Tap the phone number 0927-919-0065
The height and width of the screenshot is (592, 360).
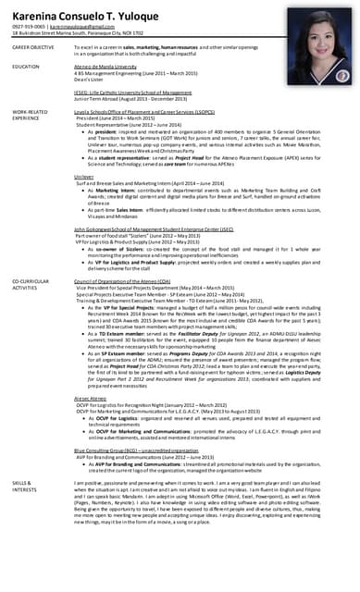[x=27, y=27]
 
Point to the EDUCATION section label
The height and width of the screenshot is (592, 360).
[x=26, y=67]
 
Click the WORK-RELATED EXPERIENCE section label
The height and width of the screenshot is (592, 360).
[x=30, y=115]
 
